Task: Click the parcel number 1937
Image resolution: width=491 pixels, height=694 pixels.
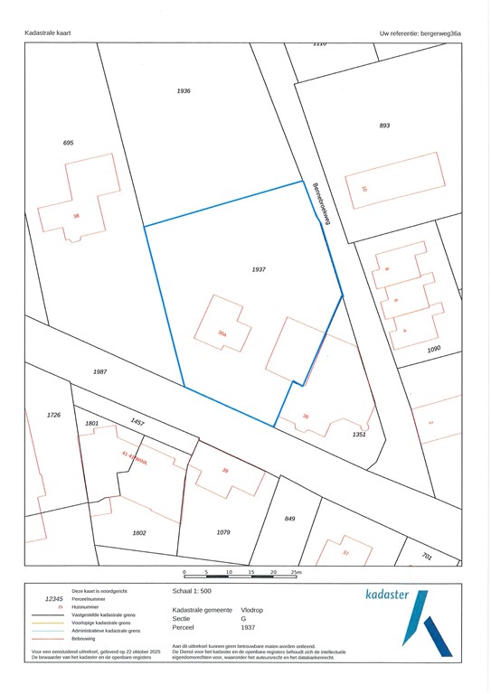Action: pos(259,269)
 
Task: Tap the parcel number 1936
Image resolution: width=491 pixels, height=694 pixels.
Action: pos(184,91)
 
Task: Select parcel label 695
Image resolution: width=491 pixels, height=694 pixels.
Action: pos(68,143)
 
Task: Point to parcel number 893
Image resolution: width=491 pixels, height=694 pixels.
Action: pos(384,125)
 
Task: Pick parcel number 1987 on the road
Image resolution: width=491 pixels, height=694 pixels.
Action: pos(99,371)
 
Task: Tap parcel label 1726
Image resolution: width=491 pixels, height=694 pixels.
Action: pos(53,414)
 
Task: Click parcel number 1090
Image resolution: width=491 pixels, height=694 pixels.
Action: pos(434,349)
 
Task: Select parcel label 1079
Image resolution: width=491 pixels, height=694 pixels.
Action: pos(224,533)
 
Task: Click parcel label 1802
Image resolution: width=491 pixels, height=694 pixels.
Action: pos(139,533)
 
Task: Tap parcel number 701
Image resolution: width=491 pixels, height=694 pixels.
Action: pos(426,558)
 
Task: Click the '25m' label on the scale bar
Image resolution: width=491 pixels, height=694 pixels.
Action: pos(297,572)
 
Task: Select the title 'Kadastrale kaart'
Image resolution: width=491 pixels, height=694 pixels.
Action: pos(48,33)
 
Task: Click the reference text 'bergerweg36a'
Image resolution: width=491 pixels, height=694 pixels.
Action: pos(440,33)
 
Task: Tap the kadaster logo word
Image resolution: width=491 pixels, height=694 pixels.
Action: pos(386,595)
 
